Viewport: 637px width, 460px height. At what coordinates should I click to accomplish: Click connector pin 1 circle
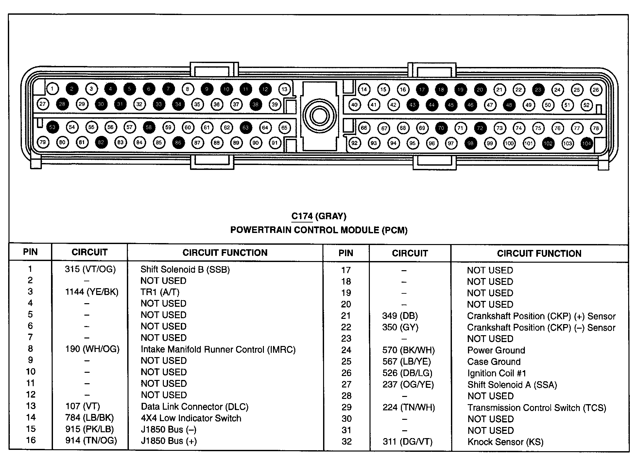[52, 89]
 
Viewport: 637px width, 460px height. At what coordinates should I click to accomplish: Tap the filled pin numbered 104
[587, 143]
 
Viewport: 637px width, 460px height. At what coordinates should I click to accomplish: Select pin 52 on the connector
[586, 105]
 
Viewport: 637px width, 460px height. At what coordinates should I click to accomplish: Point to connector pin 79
[43, 142]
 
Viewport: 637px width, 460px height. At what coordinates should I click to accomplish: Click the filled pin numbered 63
[246, 127]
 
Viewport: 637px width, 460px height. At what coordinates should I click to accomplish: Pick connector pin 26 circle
[596, 90]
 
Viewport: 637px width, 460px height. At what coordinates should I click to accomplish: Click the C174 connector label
[302, 216]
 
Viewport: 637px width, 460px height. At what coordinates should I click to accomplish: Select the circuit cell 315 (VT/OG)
[90, 269]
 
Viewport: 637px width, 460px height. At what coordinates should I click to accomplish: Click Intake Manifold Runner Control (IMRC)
[218, 350]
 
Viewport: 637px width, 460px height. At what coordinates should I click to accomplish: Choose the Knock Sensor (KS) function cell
[505, 442]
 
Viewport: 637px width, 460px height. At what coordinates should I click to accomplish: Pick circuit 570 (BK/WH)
[408, 350]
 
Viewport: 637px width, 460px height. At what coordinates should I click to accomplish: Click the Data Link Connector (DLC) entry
[195, 407]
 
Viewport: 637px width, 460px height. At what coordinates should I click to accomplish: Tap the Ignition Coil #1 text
[496, 373]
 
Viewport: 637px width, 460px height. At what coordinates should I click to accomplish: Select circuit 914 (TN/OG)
[91, 441]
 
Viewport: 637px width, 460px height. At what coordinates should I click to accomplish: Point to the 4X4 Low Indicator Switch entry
[191, 418]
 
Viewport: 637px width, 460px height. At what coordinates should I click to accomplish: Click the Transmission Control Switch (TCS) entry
[537, 408]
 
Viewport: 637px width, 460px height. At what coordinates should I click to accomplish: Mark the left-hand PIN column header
[30, 252]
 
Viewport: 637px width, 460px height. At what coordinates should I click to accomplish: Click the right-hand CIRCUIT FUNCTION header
[539, 254]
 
